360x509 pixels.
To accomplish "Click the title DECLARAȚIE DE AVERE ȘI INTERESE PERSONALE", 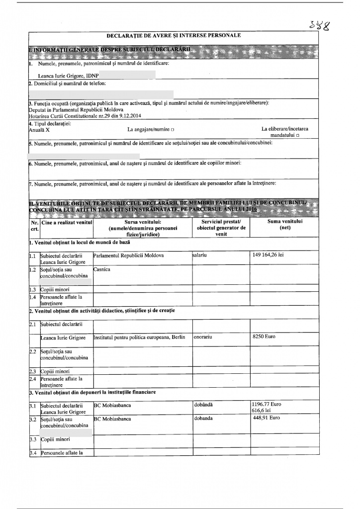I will click(174, 36).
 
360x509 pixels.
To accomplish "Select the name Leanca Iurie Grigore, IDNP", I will click(65, 76).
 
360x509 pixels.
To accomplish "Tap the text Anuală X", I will click(40, 130).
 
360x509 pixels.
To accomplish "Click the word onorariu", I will click(204, 338).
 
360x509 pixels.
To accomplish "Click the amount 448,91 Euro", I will click(267, 419).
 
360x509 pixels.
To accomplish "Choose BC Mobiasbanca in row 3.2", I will click(112, 419).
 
